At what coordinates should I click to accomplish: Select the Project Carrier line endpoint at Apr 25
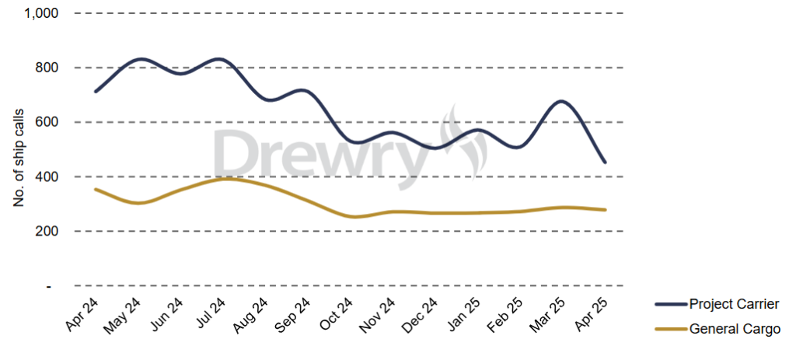coord(605,163)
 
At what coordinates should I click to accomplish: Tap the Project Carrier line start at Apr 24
coord(95,92)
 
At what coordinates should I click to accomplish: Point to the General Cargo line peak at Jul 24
coord(225,179)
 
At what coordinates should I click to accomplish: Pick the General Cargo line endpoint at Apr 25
coord(605,210)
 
